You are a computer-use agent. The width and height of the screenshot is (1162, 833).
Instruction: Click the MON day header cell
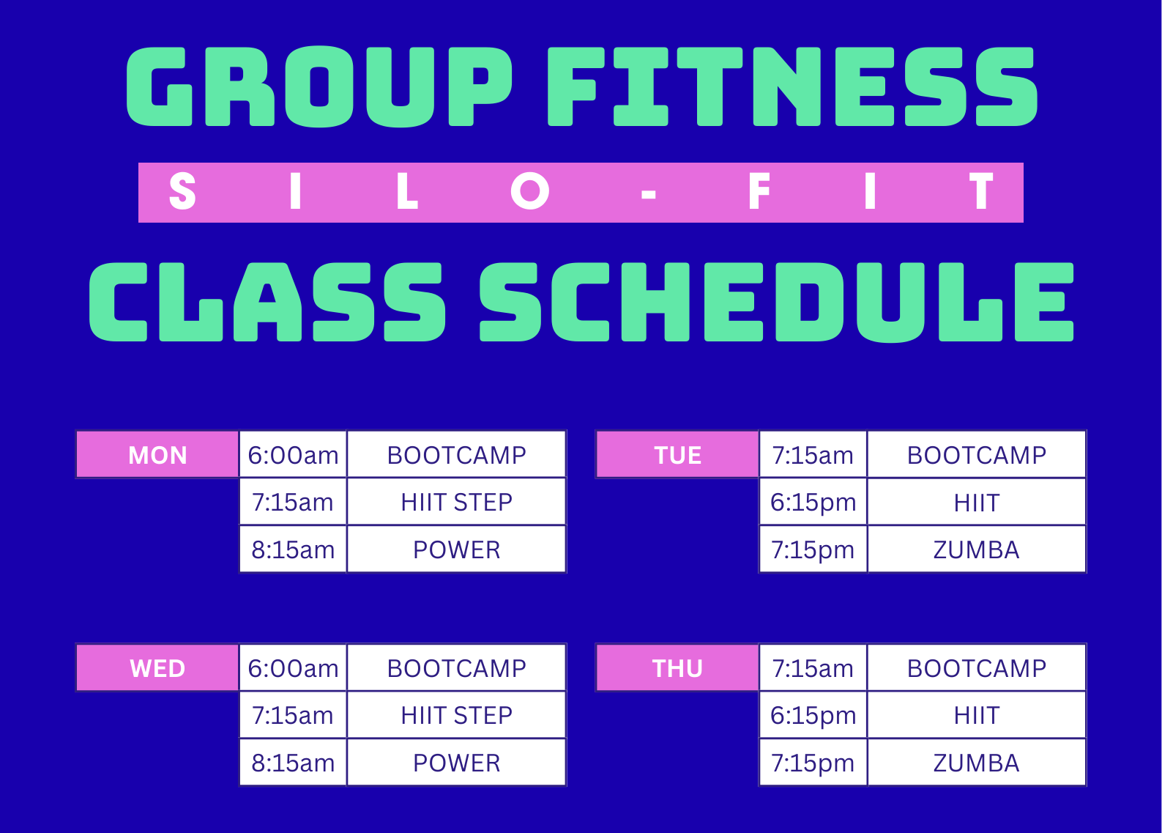[x=157, y=455]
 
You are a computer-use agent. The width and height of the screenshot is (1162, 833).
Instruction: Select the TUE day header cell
[x=677, y=455]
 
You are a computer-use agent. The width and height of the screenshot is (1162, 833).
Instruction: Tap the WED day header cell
[x=157, y=668]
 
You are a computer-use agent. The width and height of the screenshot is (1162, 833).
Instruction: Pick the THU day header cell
[x=677, y=668]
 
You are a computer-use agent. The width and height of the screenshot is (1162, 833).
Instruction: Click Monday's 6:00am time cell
[x=293, y=455]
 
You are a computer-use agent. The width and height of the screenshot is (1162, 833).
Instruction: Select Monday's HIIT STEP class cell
[x=456, y=502]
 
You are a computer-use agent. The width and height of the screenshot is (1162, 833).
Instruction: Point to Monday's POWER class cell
[x=456, y=549]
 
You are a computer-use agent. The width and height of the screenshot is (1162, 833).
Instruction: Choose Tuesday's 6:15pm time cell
[x=813, y=502]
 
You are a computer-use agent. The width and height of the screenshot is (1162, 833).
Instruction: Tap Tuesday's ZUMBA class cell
[x=977, y=549]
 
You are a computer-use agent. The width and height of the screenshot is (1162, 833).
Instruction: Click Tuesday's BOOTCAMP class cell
[x=977, y=455]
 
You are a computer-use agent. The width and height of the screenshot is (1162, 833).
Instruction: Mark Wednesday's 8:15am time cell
[x=293, y=763]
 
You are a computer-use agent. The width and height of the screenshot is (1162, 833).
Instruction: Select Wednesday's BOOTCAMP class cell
[x=456, y=668]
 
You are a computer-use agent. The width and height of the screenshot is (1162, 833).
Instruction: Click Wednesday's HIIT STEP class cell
[x=456, y=715]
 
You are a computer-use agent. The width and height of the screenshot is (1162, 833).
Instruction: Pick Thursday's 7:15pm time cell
[x=813, y=763]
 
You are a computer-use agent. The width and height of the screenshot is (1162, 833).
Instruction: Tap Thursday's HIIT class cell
[x=977, y=715]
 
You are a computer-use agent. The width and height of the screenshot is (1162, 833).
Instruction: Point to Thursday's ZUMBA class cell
[x=977, y=763]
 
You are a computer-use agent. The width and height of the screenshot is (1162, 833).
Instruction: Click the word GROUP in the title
[x=319, y=86]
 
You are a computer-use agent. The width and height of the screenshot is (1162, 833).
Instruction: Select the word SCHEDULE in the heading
[x=777, y=303]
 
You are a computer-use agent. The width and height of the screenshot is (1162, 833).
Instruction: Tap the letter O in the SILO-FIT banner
[x=529, y=191]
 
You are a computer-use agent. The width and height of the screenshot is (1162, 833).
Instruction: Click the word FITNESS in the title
[x=793, y=86]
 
